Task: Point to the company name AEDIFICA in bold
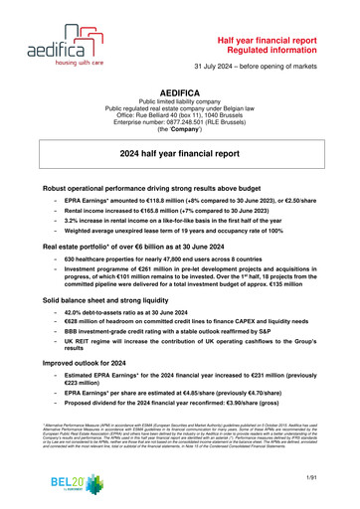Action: coord(180,88)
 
